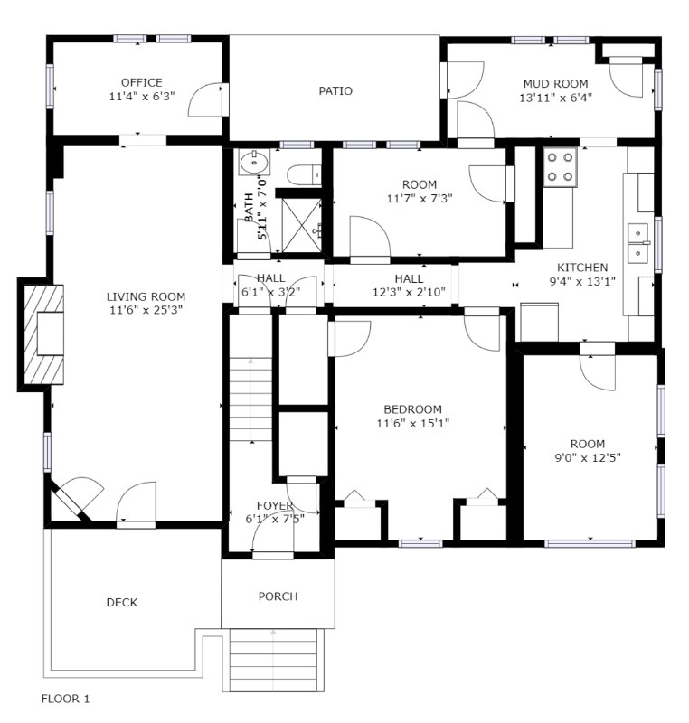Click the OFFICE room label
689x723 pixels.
(141, 82)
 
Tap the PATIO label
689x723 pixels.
(335, 90)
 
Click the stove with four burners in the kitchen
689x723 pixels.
(561, 167)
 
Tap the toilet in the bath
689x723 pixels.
(302, 173)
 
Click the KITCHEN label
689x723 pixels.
(581, 268)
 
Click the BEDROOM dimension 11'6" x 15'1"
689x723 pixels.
(412, 422)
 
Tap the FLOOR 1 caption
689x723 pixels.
(66, 699)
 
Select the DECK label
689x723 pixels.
(122, 603)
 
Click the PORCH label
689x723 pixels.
(278, 596)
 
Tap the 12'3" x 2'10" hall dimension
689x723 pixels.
(409, 292)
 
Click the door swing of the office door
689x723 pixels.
(205, 99)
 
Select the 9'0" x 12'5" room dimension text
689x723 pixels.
(588, 457)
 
